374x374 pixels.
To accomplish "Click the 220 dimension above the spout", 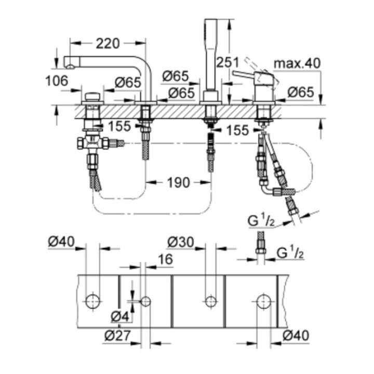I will (108, 43).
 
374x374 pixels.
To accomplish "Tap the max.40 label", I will (296, 63).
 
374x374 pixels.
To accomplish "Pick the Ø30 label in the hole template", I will (181, 242).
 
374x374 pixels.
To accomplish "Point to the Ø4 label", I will (121, 315).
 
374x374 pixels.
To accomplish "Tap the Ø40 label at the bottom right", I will (296, 336).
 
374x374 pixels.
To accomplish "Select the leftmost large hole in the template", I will (94, 300).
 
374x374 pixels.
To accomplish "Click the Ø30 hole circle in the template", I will (210, 300).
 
